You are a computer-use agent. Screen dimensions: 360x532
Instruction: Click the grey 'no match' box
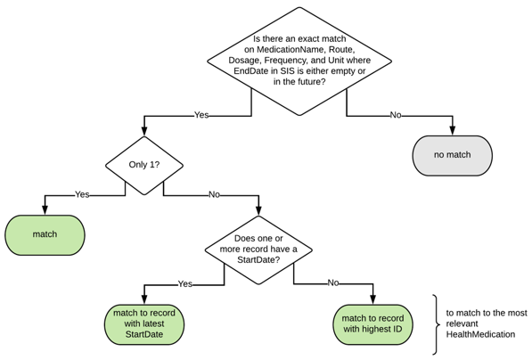click(x=452, y=155)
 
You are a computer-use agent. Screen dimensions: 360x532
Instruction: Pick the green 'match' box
click(x=45, y=234)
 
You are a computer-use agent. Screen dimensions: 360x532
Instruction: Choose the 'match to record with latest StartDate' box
click(x=143, y=323)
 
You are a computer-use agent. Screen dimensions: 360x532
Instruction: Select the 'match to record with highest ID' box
click(x=372, y=323)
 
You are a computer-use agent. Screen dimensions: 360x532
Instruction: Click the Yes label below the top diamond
click(x=201, y=115)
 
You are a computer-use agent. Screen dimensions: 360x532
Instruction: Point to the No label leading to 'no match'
click(x=395, y=115)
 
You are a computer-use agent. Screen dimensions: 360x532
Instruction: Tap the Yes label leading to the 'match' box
click(x=82, y=194)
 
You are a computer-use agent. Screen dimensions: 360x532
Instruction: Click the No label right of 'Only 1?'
click(x=214, y=194)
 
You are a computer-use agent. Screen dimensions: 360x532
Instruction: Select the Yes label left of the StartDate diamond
click(x=184, y=283)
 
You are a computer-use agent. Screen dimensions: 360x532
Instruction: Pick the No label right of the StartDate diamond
click(x=332, y=283)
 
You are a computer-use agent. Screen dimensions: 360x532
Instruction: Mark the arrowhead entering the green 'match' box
click(x=45, y=211)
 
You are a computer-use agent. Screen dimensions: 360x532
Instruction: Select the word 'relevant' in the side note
click(x=464, y=323)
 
